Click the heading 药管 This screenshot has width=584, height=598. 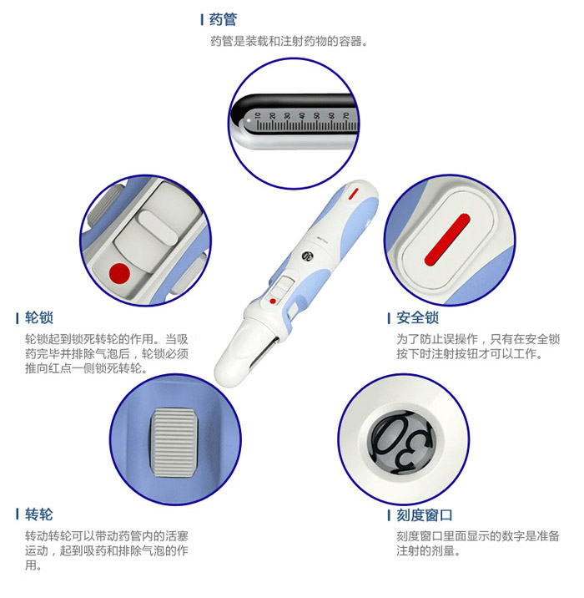pos(223,19)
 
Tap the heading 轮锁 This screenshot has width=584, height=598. pos(39,317)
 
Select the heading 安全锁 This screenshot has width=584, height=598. pos(417,317)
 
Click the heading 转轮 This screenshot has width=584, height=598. pos(39,514)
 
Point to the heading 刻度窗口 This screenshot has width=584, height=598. pos(425,515)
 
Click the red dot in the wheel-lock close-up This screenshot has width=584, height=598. pos(119,273)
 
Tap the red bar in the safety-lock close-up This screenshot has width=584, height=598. pos(447,240)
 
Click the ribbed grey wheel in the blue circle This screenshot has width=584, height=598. pos(175,443)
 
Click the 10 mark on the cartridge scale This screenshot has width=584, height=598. pos(258,115)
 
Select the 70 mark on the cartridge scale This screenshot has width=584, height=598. pos(346,115)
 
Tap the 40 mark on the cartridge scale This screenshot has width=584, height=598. pos(302,115)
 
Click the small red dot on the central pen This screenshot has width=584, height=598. pos(273,302)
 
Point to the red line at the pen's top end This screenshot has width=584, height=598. pos(354,194)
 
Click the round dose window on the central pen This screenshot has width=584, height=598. pos(307,256)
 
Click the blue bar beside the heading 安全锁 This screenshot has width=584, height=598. pos(389,318)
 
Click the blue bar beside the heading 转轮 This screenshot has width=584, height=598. pos(18,514)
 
